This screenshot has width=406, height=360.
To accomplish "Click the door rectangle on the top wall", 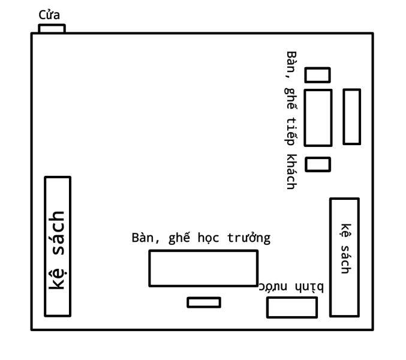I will (52, 28).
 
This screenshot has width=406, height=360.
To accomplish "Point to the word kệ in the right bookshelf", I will (345, 230).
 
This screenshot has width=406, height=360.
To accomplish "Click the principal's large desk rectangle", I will (203, 268).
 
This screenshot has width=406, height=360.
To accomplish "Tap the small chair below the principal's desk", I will (203, 302).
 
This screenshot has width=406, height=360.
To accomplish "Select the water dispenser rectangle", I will (291, 308).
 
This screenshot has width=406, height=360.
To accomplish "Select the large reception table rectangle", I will (318, 118).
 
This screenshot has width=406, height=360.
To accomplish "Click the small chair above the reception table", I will (317, 75).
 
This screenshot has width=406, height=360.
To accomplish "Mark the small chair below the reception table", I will (317, 164).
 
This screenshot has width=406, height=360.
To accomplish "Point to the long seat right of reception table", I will (351, 117).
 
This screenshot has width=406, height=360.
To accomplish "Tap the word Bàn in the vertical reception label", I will (292, 62).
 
